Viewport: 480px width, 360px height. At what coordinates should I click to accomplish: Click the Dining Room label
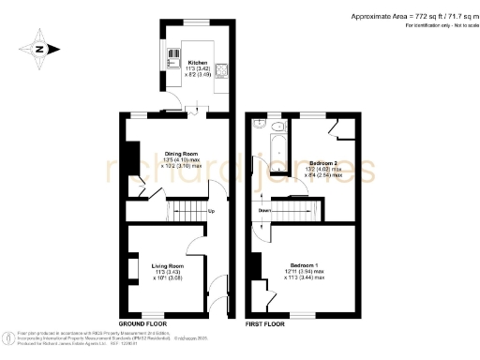181,153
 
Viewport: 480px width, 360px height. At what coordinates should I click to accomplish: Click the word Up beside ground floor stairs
211,210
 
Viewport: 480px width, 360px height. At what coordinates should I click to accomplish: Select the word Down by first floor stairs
266,210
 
